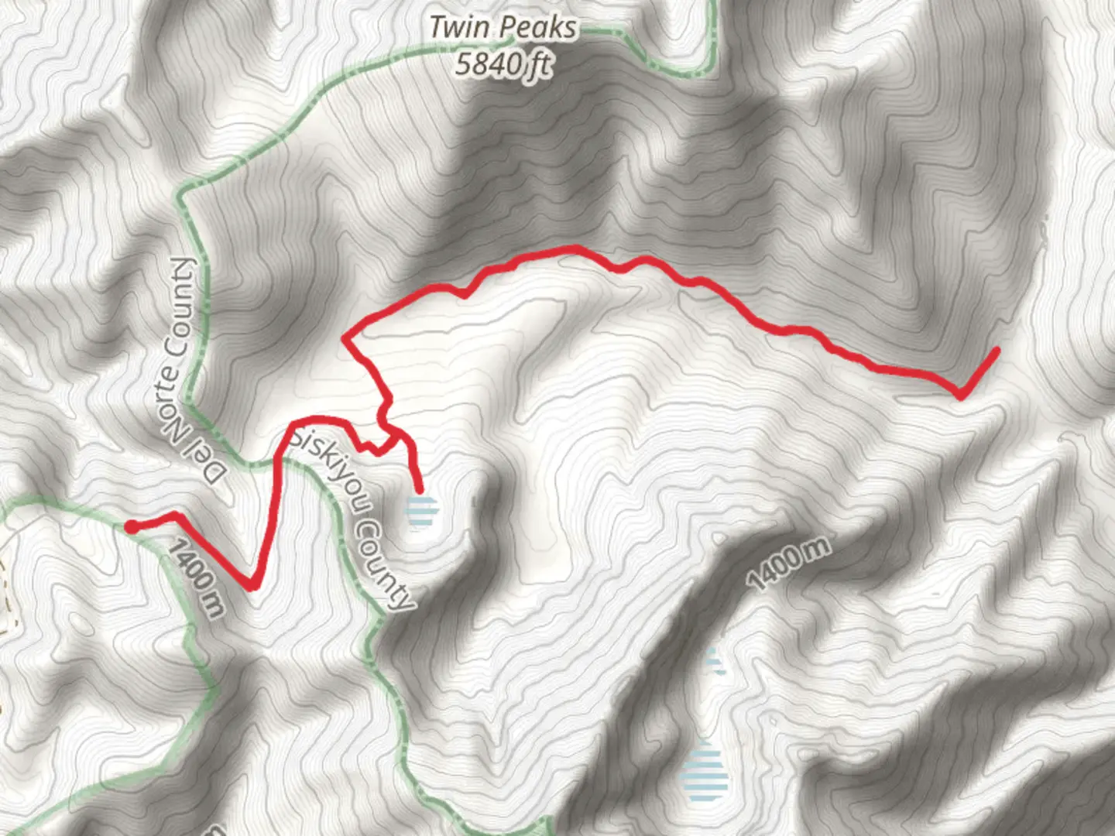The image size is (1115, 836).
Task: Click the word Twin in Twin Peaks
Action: coord(459,27)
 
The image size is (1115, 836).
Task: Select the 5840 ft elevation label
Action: coord(503,64)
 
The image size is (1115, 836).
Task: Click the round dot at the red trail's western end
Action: coord(132,527)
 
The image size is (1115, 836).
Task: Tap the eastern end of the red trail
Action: coord(996,351)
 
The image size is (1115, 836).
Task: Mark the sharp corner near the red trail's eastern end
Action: coord(960,396)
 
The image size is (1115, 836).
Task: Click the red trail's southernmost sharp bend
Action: coord(252,586)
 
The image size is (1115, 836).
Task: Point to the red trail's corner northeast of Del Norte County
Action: coord(346,337)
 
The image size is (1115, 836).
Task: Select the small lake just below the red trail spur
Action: coord(422,512)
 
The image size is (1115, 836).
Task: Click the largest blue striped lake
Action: coord(705,773)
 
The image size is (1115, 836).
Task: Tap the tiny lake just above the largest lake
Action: coord(713,662)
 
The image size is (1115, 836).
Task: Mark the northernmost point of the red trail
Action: coord(575,248)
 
